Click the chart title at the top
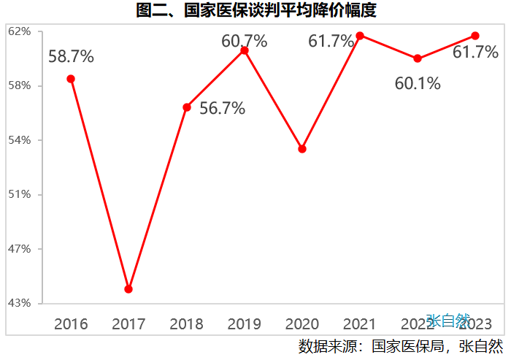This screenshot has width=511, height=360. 256,11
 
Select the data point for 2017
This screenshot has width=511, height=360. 128,289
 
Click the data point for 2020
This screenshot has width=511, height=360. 302,149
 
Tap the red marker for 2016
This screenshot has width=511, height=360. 71,79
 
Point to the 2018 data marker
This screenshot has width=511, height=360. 187,107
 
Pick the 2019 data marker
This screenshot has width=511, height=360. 245,50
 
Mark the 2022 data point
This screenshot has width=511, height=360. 418,58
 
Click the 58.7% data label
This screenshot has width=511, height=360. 71,56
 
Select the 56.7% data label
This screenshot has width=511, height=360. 222,109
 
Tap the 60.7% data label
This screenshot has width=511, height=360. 245,42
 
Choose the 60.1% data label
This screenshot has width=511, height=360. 418,83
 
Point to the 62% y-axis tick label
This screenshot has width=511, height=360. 20,31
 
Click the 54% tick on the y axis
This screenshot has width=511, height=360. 20,140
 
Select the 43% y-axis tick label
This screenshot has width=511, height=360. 20,303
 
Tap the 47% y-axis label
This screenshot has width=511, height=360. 20,249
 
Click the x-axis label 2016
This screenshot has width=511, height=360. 71,323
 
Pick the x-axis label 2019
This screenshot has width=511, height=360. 245,323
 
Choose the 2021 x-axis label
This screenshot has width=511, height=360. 360,323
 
